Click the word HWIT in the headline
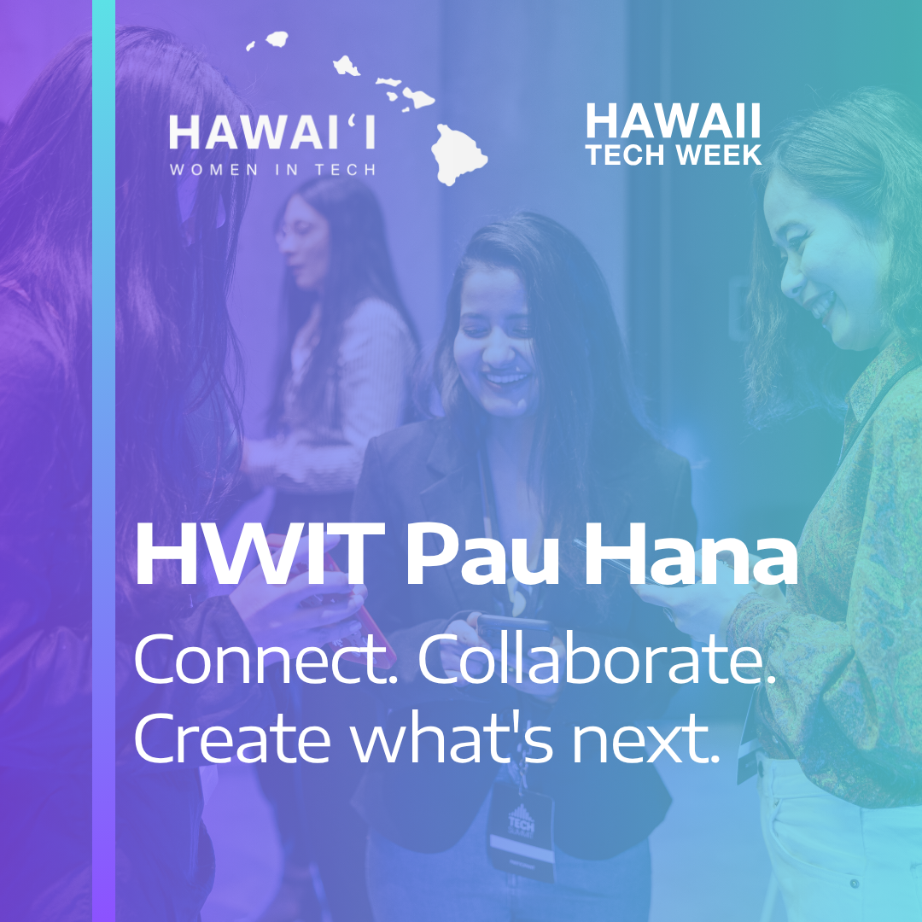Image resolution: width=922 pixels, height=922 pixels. pyautogui.click(x=260, y=553)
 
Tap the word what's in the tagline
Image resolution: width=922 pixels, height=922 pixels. pyautogui.click(x=452, y=737)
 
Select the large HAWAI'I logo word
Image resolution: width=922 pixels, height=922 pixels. pyautogui.click(x=272, y=131)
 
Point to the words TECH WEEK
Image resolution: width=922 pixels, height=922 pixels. pyautogui.click(x=674, y=154)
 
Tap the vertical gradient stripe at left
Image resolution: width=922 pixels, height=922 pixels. pyautogui.click(x=104, y=461)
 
